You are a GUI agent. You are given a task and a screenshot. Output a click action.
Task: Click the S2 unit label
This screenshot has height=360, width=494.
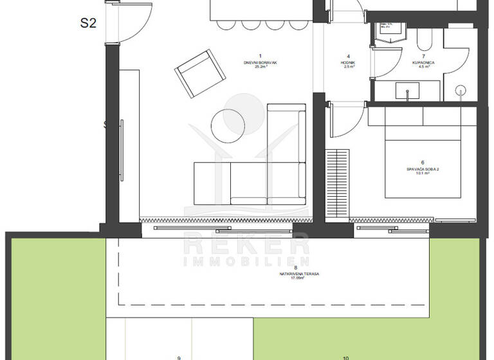88,23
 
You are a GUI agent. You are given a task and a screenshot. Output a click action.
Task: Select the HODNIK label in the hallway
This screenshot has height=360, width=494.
348,62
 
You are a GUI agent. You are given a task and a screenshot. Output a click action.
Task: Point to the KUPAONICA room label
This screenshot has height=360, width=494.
424,62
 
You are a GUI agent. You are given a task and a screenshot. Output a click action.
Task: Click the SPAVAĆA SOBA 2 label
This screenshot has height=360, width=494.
422,169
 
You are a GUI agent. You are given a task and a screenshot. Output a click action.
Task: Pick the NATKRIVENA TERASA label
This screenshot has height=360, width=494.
300,273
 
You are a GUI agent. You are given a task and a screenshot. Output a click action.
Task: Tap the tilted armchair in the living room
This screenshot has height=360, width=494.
201,75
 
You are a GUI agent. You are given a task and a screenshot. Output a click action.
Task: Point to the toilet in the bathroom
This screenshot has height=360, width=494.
425,41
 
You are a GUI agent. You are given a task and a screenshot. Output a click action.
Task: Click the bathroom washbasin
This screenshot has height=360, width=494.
408,92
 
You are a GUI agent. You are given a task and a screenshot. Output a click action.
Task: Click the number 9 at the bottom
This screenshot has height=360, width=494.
179,357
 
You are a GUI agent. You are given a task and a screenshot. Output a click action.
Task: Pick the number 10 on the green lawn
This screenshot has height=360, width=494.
345,357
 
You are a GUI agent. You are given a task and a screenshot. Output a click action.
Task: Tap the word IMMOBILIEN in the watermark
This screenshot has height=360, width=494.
247,262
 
